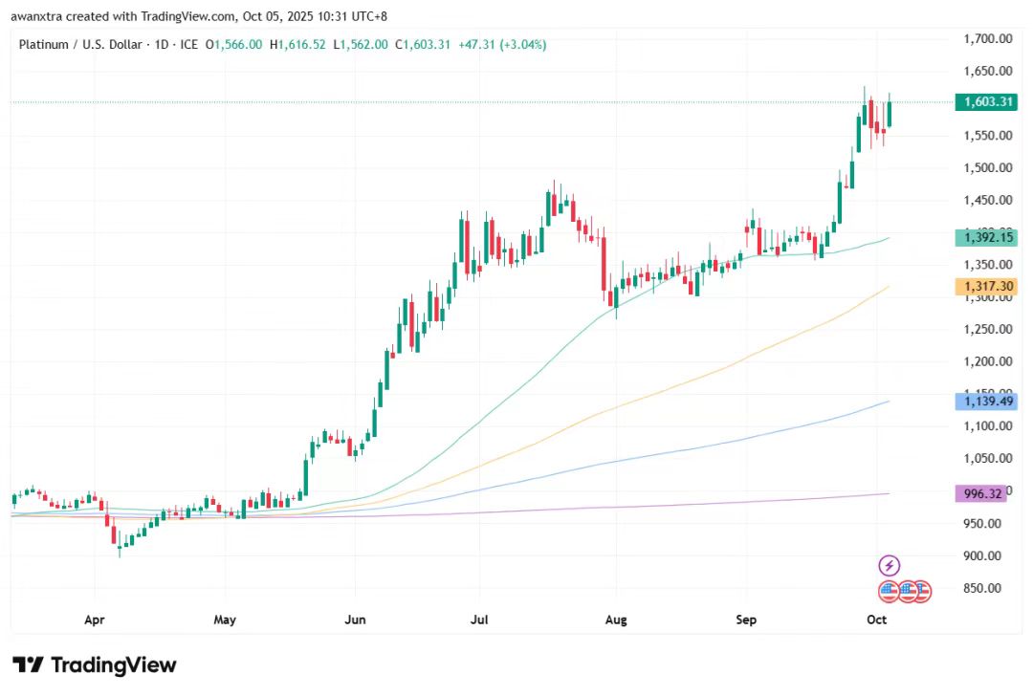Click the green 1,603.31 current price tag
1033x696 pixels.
(985, 102)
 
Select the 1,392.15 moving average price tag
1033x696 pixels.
(985, 238)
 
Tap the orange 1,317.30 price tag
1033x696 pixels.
(985, 287)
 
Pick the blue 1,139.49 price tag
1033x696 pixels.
(985, 402)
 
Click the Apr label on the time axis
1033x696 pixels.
(94, 620)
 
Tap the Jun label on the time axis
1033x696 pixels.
(354, 620)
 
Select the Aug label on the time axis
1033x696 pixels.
(616, 620)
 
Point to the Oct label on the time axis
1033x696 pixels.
(876, 620)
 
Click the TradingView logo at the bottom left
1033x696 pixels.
(94, 665)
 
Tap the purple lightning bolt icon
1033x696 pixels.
(890, 566)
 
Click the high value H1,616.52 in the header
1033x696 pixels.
(298, 45)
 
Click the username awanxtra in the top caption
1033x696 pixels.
(41, 16)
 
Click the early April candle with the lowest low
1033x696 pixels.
(120, 545)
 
